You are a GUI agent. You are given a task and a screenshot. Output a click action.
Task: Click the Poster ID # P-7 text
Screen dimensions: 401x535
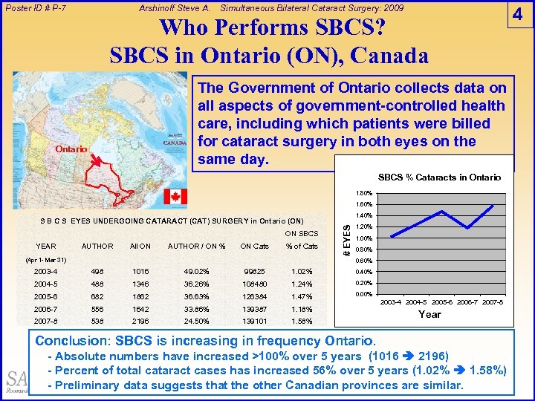pyautogui.click(x=34, y=7)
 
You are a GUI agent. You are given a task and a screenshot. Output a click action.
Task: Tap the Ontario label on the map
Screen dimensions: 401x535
pyautogui.click(x=71, y=150)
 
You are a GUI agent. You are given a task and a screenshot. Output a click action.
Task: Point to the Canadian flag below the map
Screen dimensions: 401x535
pyautogui.click(x=177, y=197)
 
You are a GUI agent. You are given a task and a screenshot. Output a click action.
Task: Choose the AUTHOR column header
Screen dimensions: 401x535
pyautogui.click(x=97, y=246)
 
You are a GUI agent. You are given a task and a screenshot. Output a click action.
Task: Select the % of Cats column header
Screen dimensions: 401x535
pyautogui.click(x=302, y=246)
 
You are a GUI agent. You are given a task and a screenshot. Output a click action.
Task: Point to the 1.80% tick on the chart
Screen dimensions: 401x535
pyautogui.click(x=364, y=193)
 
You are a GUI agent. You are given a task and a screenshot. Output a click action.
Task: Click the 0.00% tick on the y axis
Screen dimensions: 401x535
pyautogui.click(x=364, y=295)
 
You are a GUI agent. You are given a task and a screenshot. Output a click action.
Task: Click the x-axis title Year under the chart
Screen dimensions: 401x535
pyautogui.click(x=429, y=314)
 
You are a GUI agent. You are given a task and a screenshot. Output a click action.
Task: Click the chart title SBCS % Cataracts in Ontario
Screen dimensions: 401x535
pyautogui.click(x=440, y=177)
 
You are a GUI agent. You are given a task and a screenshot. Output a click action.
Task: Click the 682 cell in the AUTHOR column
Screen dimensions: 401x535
pyautogui.click(x=97, y=296)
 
